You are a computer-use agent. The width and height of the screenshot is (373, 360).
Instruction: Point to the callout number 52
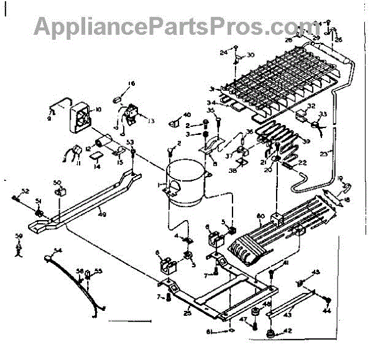pos(25,190)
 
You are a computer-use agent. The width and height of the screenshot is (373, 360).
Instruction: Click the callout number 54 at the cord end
pos(58,250)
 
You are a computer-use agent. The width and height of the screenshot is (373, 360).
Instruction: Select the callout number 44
pos(328,310)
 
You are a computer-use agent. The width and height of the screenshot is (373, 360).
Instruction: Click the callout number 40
pos(186,114)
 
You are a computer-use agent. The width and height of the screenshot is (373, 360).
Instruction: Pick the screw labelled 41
pos(273,274)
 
